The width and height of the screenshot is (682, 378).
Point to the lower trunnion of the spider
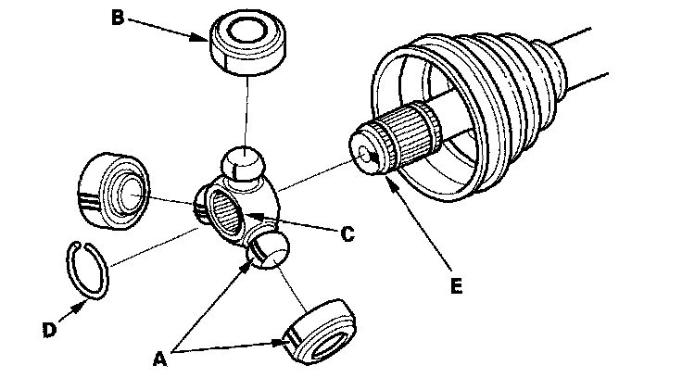tap(269, 248)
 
